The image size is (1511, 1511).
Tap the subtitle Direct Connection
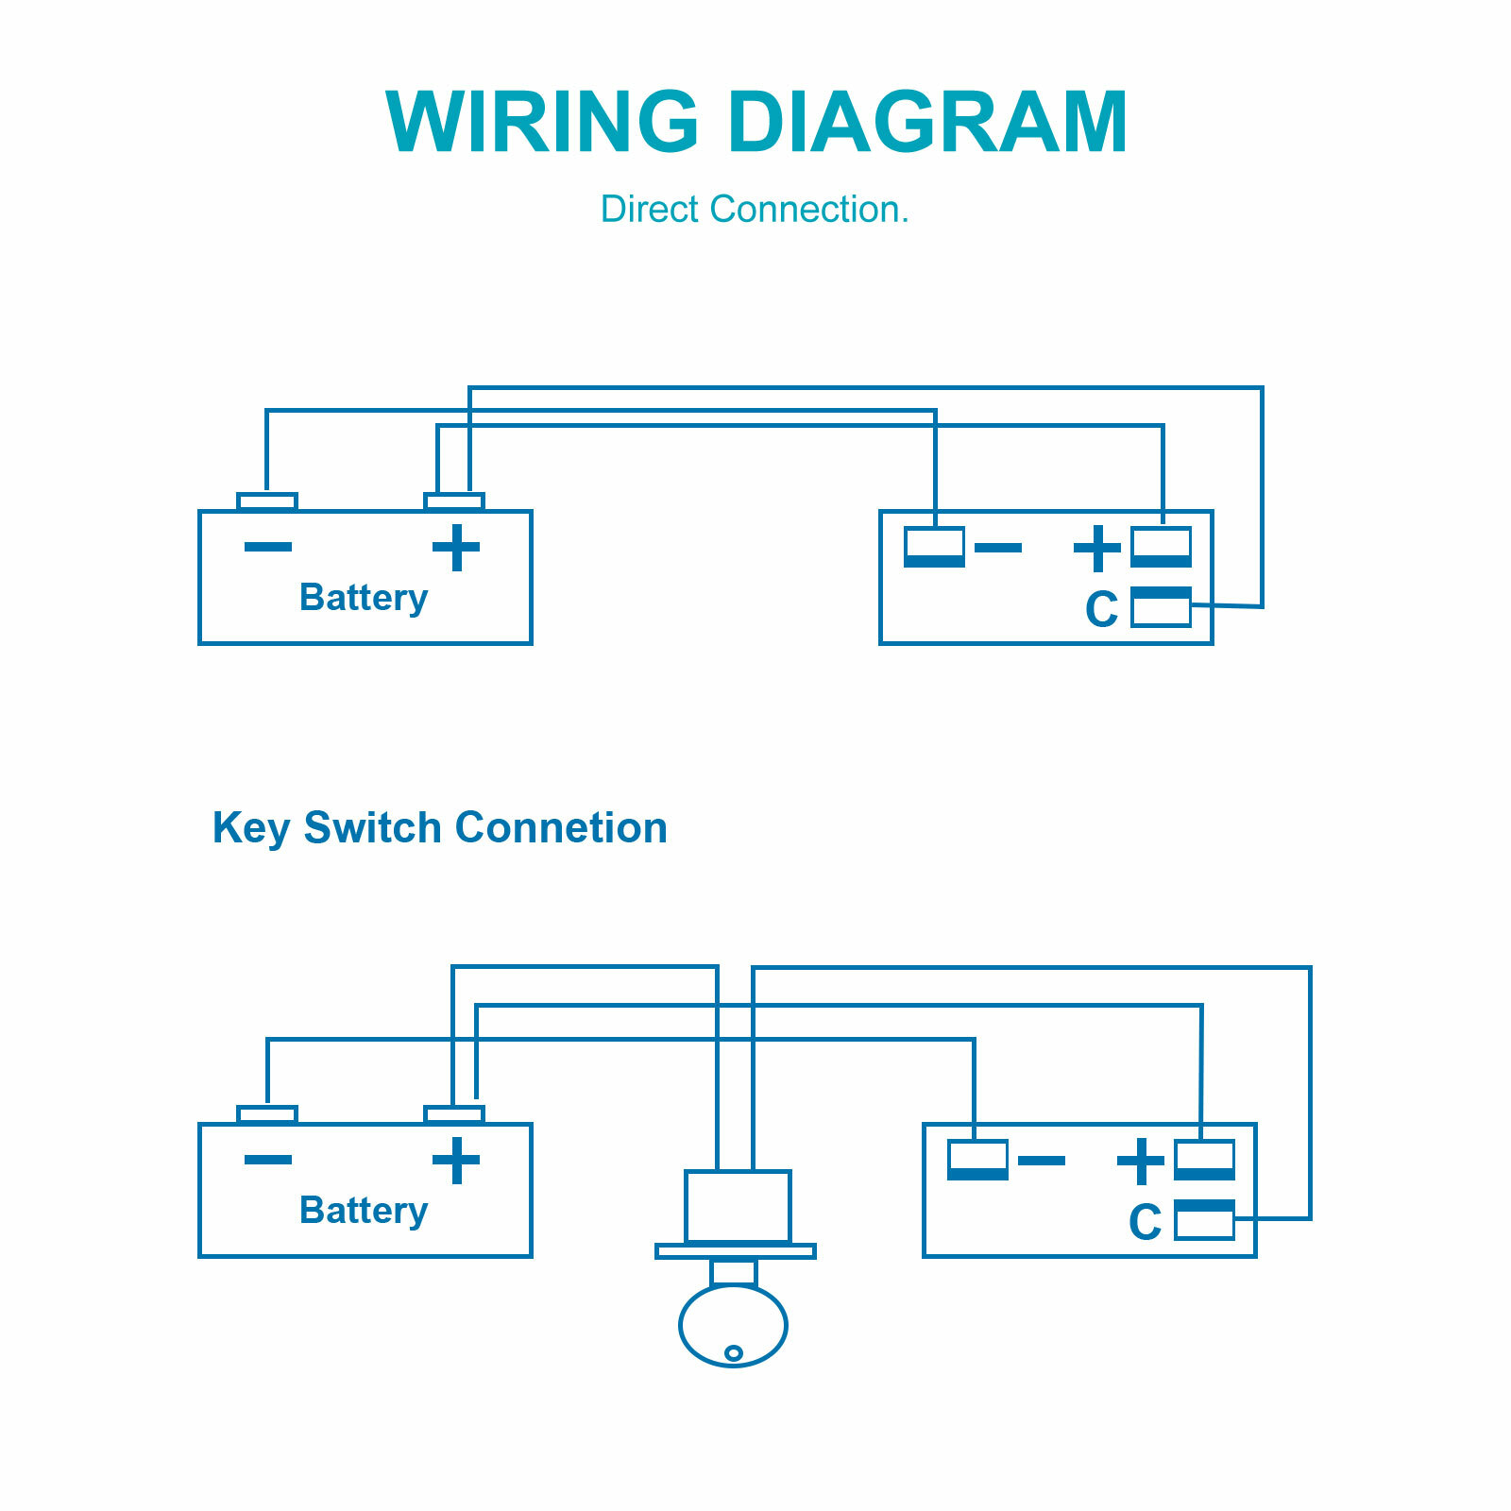(755, 209)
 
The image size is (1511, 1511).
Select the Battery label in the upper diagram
(364, 599)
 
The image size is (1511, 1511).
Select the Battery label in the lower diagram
(364, 1212)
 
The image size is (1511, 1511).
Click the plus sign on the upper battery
(456, 548)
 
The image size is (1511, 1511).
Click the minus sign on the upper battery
(268, 547)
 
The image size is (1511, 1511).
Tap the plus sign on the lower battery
(456, 1161)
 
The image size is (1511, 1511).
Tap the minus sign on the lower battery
(268, 1160)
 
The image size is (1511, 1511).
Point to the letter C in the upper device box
(1102, 609)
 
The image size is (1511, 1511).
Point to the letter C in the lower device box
(1146, 1222)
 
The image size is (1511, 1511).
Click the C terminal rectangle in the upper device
(1161, 606)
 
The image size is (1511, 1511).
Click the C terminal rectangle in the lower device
(1204, 1219)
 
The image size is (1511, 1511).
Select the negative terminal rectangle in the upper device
(935, 547)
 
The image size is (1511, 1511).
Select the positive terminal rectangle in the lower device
(1204, 1160)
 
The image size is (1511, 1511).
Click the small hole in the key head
(733, 1353)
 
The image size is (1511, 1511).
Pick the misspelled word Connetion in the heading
(561, 827)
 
